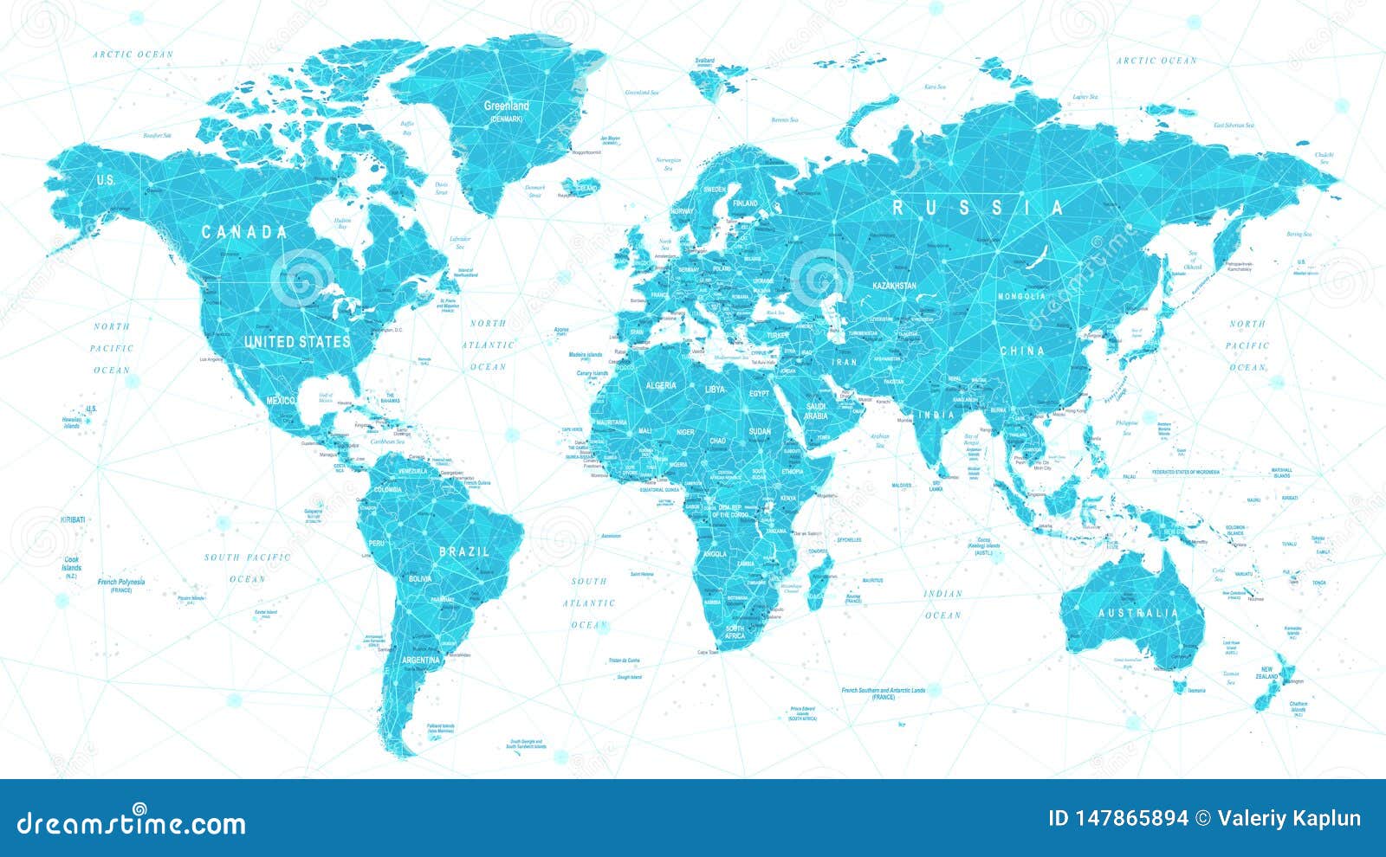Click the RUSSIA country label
pyautogui.click(x=978, y=208)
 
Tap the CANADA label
pyautogui.click(x=244, y=232)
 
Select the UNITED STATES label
pyautogui.click(x=297, y=341)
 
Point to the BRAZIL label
pyautogui.click(x=464, y=551)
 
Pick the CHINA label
pyautogui.click(x=1022, y=351)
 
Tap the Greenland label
pyautogui.click(x=507, y=106)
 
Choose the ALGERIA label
pyautogui.click(x=660, y=385)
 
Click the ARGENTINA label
pyautogui.click(x=422, y=660)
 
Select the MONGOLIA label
pyautogui.click(x=1021, y=297)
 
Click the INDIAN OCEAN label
pyautogui.click(x=942, y=604)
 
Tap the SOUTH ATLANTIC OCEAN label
pyautogui.click(x=589, y=602)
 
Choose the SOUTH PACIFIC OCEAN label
pyautogui.click(x=247, y=568)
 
